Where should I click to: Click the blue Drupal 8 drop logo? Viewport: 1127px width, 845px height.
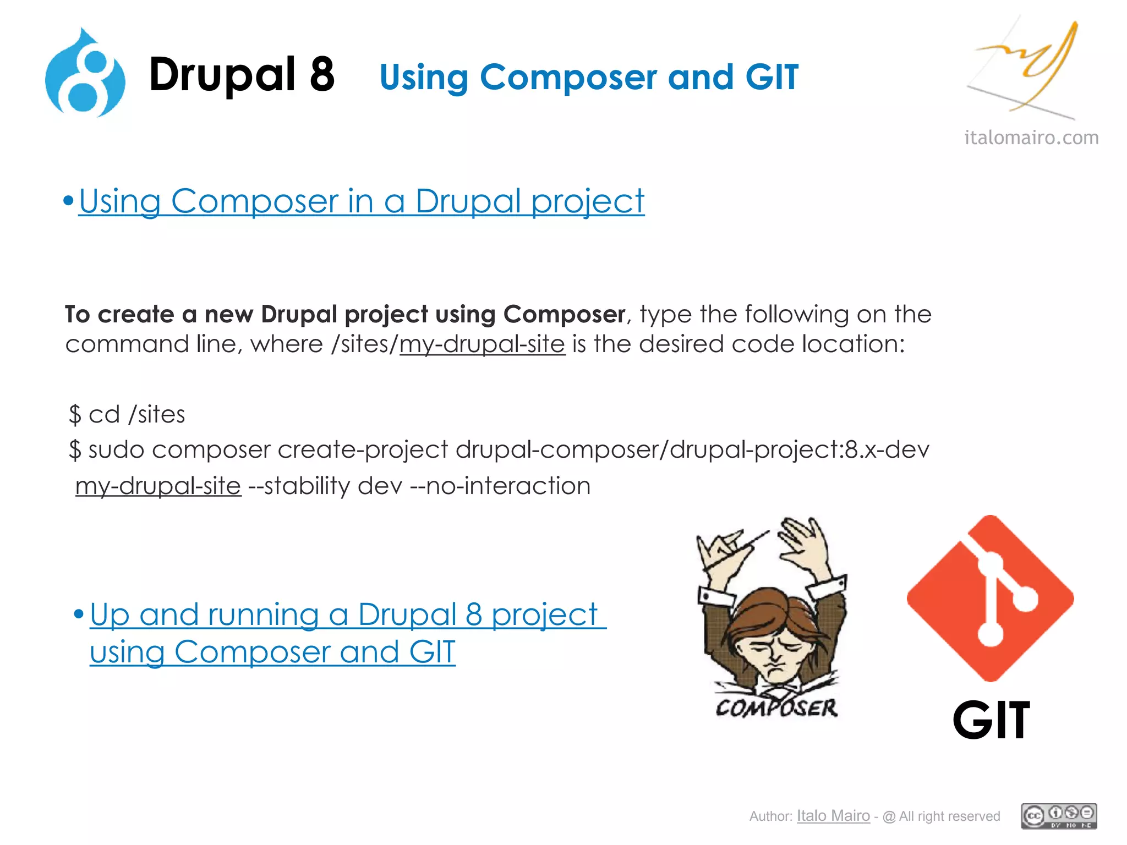(x=85, y=74)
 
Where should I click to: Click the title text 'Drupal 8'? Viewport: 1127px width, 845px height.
(x=242, y=75)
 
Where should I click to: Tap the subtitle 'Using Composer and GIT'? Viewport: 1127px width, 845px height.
(x=589, y=77)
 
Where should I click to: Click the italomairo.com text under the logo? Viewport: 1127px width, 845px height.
(x=1031, y=137)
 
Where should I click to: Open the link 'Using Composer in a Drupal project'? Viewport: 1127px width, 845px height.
(x=361, y=201)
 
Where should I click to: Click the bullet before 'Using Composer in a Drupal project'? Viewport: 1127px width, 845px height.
(x=68, y=201)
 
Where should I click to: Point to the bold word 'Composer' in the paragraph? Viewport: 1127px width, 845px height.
(x=564, y=314)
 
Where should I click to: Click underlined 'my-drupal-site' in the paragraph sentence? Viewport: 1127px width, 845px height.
(x=482, y=344)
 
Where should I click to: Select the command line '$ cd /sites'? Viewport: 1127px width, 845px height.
(x=127, y=414)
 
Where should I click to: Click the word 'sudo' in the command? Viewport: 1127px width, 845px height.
(x=116, y=450)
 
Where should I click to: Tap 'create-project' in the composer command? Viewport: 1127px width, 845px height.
(x=363, y=450)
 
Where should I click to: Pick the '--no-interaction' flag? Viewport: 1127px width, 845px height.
(x=500, y=486)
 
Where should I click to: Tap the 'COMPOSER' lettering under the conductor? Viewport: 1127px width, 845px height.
(x=776, y=708)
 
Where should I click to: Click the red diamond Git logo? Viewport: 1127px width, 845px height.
(x=990, y=598)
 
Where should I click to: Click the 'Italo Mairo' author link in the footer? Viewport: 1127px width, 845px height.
(x=833, y=816)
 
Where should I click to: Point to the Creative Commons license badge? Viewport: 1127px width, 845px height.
(x=1059, y=816)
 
